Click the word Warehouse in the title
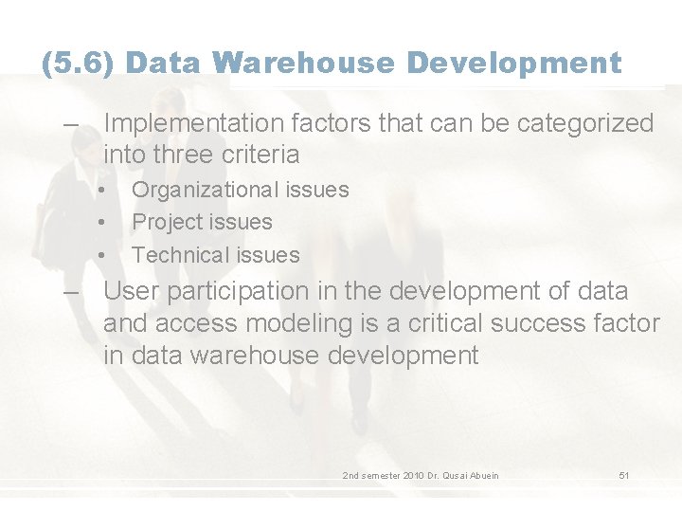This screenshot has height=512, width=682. tap(305, 64)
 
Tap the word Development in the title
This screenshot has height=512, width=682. tap(514, 64)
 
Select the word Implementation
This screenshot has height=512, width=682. tap(193, 123)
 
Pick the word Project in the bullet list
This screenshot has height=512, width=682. tap(168, 222)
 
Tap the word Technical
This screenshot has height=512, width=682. tap(179, 255)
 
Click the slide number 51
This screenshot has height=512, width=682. tap(624, 475)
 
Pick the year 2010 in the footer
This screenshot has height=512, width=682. tap(413, 475)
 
